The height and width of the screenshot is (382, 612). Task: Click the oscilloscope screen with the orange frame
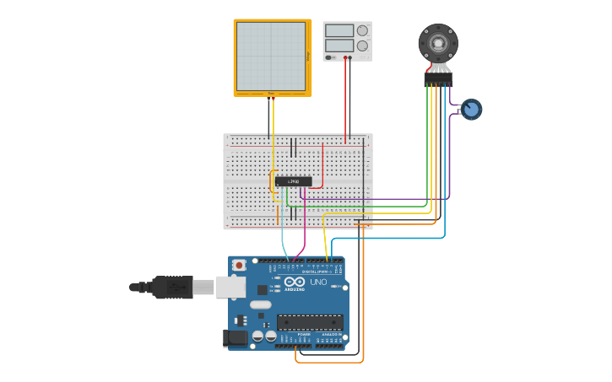(x=271, y=56)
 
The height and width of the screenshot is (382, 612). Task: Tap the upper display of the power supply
(x=338, y=30)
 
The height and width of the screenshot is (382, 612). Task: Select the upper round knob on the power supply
(x=362, y=30)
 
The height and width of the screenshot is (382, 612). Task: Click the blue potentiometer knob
(x=471, y=109)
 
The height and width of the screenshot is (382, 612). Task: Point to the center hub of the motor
(x=438, y=41)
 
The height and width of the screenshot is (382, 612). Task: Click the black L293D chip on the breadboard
(x=293, y=181)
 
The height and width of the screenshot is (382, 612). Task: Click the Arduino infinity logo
(x=293, y=282)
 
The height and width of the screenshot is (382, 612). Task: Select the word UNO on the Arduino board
(x=318, y=282)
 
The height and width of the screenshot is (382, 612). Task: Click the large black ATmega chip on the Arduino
(x=310, y=322)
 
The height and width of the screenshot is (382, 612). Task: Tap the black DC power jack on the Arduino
(x=236, y=338)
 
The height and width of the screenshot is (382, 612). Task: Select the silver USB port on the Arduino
(x=230, y=287)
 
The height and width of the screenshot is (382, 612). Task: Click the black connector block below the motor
(x=438, y=79)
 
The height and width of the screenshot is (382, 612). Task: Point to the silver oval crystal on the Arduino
(x=260, y=304)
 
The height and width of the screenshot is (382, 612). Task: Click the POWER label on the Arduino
(x=303, y=335)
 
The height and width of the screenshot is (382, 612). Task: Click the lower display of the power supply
(x=338, y=46)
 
